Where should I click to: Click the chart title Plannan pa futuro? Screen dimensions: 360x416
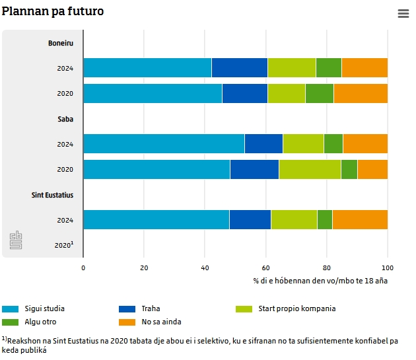click(x=53, y=12)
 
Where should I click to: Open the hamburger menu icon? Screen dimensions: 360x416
click(x=403, y=14)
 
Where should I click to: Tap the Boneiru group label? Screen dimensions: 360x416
click(x=61, y=43)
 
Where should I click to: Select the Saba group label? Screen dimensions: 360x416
click(x=65, y=119)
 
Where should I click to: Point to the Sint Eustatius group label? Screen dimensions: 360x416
click(x=52, y=195)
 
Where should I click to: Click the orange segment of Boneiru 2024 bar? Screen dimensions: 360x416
click(x=364, y=68)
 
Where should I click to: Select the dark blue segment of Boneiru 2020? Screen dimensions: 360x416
click(x=244, y=93)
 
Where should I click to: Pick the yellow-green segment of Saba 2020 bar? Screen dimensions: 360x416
click(x=310, y=169)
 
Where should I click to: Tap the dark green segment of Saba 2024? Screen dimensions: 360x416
click(x=333, y=144)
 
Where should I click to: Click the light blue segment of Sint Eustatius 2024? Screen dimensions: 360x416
click(x=156, y=219)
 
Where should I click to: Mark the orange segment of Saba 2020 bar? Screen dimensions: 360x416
click(x=372, y=169)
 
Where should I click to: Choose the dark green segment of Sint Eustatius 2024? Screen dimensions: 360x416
click(x=325, y=219)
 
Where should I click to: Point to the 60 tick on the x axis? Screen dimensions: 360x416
click(x=266, y=268)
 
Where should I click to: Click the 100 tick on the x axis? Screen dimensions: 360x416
click(x=388, y=268)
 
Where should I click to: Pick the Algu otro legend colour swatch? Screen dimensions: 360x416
click(x=10, y=322)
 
